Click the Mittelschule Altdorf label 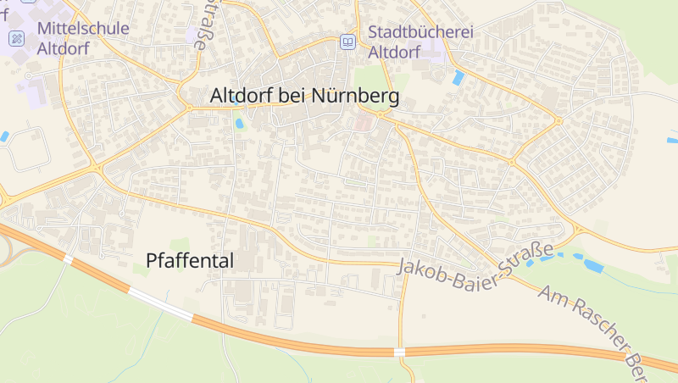tap(83, 38)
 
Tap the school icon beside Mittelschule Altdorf tap(16, 39)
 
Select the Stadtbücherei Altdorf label tap(420, 42)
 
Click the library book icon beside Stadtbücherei tap(347, 41)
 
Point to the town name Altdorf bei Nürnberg tap(304, 97)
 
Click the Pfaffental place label tap(190, 261)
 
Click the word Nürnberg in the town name tap(355, 97)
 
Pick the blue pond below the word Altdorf tap(239, 122)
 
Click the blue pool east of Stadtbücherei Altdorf tap(458, 78)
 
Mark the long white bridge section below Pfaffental tap(160, 303)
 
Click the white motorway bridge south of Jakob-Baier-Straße tap(399, 351)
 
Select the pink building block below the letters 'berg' tap(363, 124)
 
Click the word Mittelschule tap(83, 28)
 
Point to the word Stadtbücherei tap(420, 31)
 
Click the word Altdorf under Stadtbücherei tap(395, 52)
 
